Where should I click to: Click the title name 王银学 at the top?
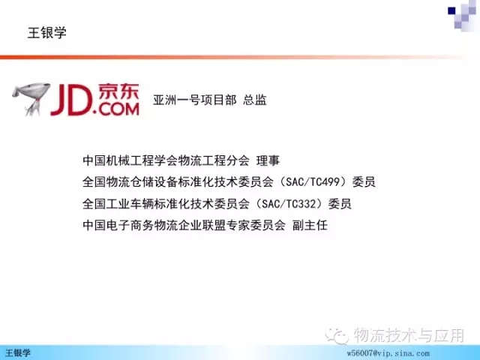[47, 33]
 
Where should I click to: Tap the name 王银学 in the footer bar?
[18, 353]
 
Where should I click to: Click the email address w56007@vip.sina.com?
[388, 353]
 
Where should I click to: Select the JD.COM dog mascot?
[31, 99]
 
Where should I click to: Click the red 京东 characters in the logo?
[118, 91]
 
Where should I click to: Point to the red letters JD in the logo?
[72, 100]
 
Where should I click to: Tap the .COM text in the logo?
[117, 109]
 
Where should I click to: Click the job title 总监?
[255, 100]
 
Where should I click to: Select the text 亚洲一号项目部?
[195, 100]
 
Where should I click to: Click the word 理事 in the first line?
[268, 160]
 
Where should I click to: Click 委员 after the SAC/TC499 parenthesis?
[364, 181]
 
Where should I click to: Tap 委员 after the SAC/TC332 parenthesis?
[340, 203]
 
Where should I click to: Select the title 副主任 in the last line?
[310, 225]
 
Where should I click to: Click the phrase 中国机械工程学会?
[130, 160]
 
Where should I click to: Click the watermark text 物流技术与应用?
[409, 335]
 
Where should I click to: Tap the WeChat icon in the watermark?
[337, 336]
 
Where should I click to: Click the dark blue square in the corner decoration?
[451, 11]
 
